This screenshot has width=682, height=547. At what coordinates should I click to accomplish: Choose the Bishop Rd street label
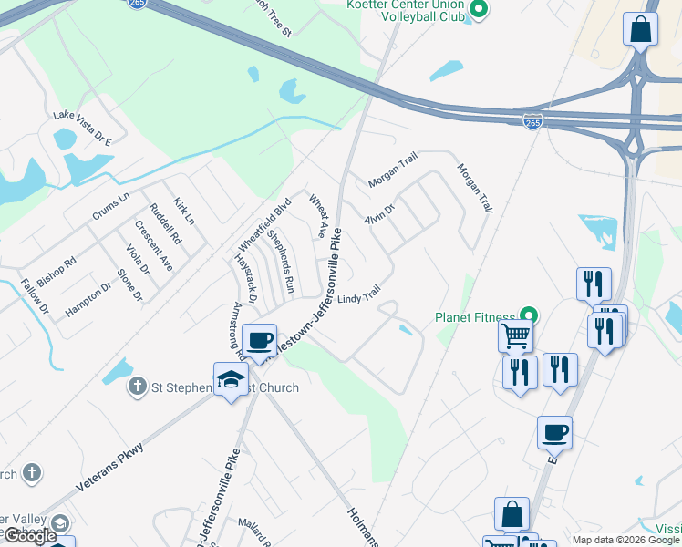[x=57, y=272]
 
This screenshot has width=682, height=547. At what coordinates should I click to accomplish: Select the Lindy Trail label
[x=358, y=296]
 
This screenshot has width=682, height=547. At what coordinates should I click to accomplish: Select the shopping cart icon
[x=515, y=336]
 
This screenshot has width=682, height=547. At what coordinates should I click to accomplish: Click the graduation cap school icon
[x=232, y=379]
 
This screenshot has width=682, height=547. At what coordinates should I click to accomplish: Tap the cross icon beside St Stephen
[x=138, y=387]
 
